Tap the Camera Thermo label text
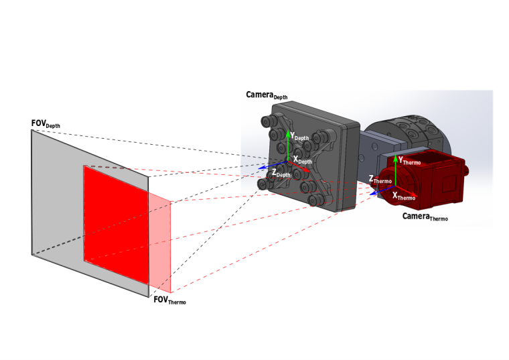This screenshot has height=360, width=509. (x=425, y=217)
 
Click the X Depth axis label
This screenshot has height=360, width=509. (x=304, y=161)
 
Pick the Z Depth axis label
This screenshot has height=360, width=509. (x=281, y=174)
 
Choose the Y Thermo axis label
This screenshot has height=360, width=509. (x=409, y=161)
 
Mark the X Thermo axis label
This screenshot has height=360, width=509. (x=404, y=197)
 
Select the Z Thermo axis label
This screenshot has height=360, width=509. (x=380, y=180)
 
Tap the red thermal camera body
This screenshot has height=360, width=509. (x=442, y=181)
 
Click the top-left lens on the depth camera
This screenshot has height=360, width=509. (x=267, y=121)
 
